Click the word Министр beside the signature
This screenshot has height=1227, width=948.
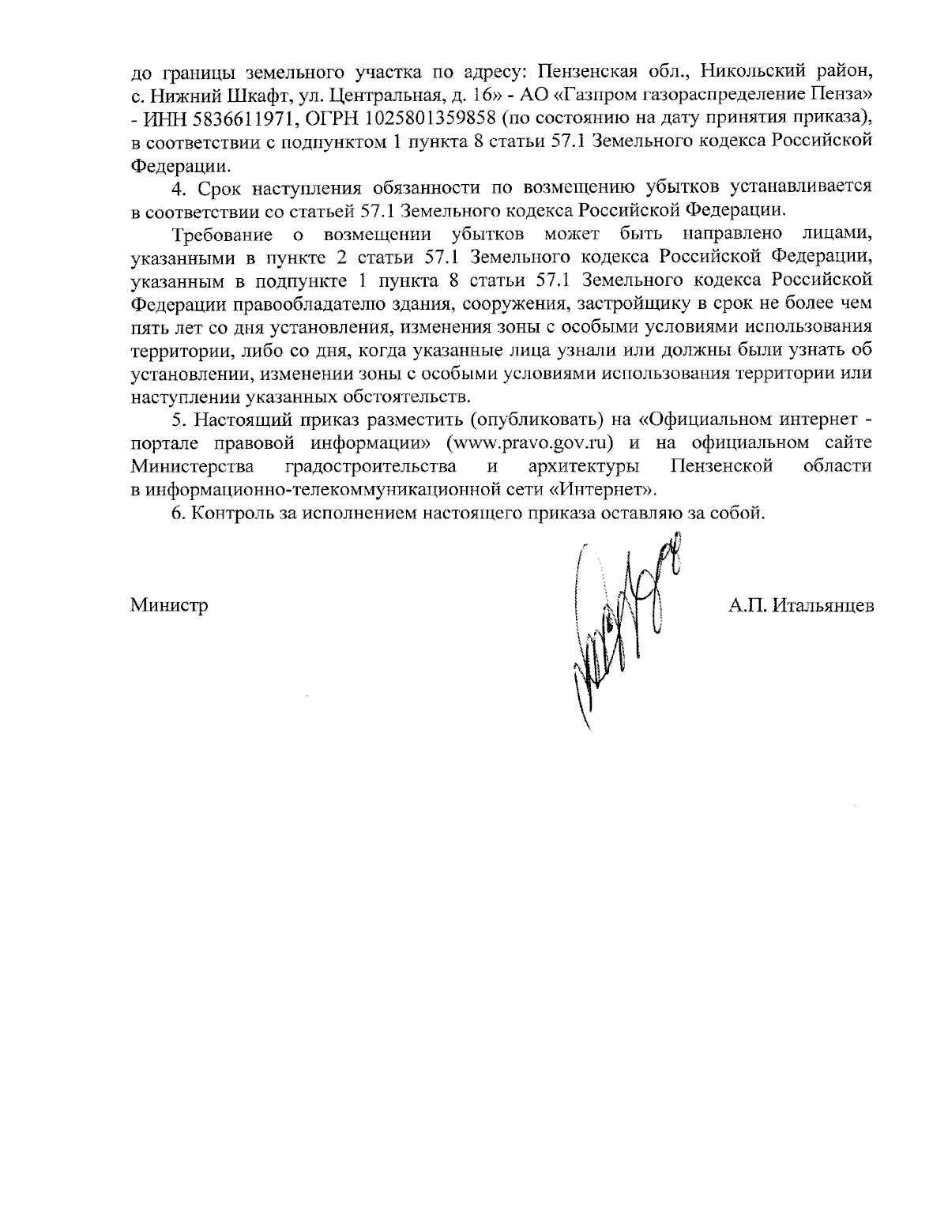pyautogui.click(x=169, y=607)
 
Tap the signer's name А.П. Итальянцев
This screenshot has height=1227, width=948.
pyautogui.click(x=801, y=607)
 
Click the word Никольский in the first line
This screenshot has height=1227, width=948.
pyautogui.click(x=729, y=73)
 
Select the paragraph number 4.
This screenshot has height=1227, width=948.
pyautogui.click(x=178, y=188)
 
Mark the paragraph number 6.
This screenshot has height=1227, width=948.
pyautogui.click(x=178, y=513)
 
